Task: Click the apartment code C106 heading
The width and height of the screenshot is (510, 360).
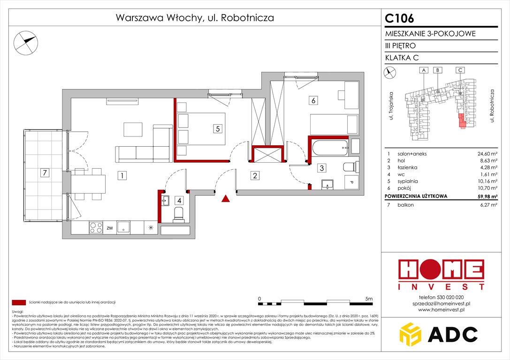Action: (x=400, y=18)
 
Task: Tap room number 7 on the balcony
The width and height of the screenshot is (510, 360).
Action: (x=45, y=173)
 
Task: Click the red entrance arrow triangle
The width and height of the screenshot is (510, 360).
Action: (x=226, y=199)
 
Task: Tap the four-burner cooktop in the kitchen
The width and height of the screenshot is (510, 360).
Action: (x=96, y=228)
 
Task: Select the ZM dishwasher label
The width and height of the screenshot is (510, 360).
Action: (x=110, y=228)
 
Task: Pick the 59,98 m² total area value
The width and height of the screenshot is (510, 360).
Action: (x=484, y=196)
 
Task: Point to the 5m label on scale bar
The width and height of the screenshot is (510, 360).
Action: (x=368, y=298)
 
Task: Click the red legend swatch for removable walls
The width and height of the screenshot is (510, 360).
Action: (x=19, y=302)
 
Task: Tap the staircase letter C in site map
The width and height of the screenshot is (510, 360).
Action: (x=461, y=70)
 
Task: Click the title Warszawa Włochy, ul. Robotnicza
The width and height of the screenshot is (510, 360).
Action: (x=194, y=18)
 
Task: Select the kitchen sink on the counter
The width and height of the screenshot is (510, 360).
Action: (x=124, y=228)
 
